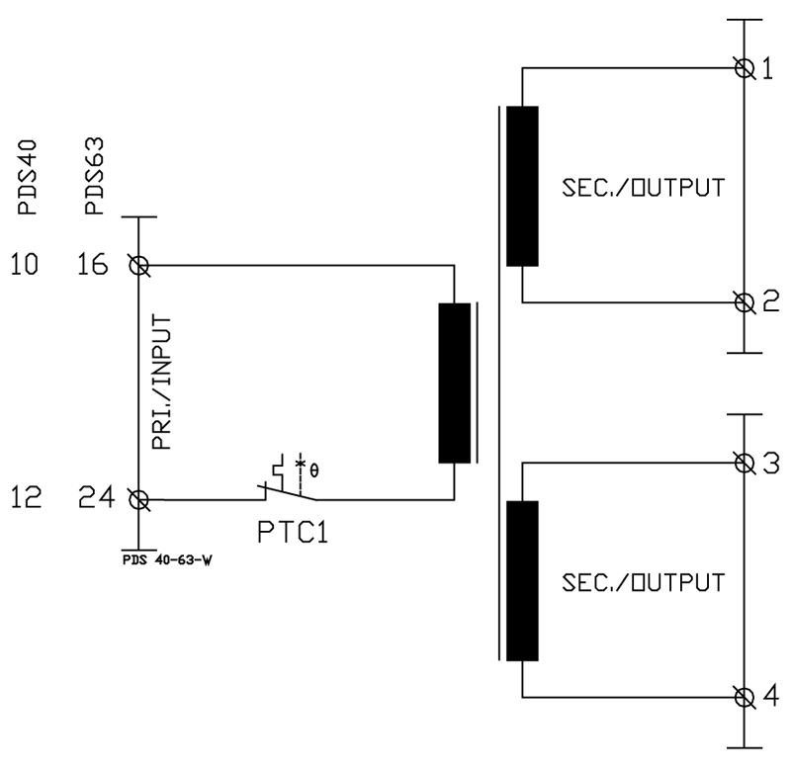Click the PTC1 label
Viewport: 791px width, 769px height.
coord(293,532)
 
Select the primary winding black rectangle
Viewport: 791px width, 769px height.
coord(455,383)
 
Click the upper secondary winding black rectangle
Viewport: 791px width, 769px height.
coord(522,186)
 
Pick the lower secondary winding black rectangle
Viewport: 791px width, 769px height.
coord(522,580)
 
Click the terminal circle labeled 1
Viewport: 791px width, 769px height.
coord(745,67)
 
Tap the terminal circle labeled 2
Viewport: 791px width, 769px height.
coord(745,302)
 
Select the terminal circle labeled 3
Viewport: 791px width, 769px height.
coord(745,463)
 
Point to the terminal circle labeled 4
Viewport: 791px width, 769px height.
coord(745,698)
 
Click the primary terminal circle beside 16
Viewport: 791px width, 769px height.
coord(138,265)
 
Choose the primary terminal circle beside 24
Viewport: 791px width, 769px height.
coord(138,500)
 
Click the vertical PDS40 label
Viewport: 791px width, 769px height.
coord(28,177)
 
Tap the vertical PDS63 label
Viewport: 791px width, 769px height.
coord(94,176)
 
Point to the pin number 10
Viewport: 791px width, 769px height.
coord(24,264)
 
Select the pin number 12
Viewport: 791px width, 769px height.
coord(26,497)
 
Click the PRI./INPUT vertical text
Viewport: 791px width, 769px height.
coord(162,382)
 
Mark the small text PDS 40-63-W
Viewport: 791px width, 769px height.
coord(167,559)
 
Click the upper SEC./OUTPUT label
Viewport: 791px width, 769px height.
coord(644,187)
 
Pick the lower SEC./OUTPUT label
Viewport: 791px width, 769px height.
coord(644,582)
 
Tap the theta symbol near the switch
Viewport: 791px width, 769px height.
coord(313,470)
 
